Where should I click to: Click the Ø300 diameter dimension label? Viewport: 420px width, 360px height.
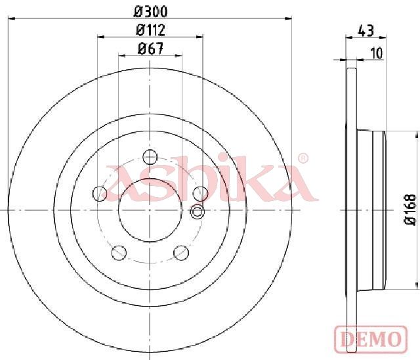pos(150,12)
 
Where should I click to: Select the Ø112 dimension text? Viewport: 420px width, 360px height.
pos(150,30)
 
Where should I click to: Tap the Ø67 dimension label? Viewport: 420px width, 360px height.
pos(150,49)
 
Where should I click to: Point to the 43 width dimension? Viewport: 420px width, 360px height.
pos(366,31)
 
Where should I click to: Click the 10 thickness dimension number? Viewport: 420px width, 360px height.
pos(377,53)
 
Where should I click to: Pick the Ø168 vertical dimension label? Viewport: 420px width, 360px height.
pos(410,210)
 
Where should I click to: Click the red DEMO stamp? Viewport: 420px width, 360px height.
pos(371,338)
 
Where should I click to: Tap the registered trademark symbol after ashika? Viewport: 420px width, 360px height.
pos(303,158)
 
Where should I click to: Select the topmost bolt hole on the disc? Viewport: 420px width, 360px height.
pos(150,157)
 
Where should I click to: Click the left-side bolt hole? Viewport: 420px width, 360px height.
pos(99,194)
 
